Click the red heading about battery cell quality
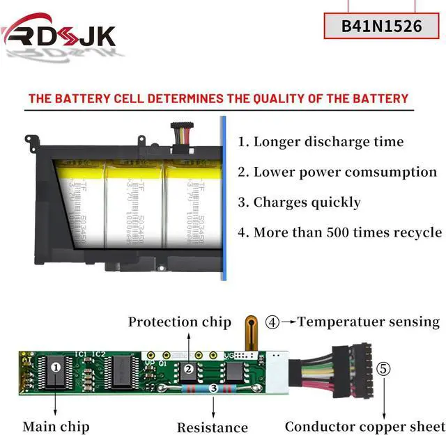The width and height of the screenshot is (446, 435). (218, 98)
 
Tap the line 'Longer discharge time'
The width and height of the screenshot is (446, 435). (320, 142)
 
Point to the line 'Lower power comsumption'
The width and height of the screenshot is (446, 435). (337, 172)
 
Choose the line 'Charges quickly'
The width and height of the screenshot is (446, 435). (299, 203)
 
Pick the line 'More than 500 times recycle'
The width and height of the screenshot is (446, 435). (339, 232)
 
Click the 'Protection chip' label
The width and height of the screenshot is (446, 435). (179, 322)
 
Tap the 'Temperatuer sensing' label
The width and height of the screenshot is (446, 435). (369, 322)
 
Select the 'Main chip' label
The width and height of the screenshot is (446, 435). (56, 426)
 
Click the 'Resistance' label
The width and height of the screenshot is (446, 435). (212, 427)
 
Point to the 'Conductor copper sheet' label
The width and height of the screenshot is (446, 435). (364, 426)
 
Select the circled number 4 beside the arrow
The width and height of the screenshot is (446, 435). (272, 322)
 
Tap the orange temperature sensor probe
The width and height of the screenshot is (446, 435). (252, 331)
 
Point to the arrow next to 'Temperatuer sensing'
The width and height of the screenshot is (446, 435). (289, 322)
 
